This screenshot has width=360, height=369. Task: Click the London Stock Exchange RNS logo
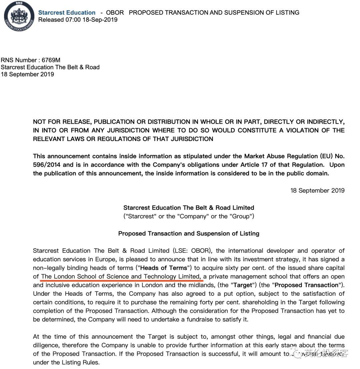[19, 16]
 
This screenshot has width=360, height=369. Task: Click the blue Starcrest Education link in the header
[67, 13]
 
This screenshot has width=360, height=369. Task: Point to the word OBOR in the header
[115, 13]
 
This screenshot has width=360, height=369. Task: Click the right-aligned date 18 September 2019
[317, 191]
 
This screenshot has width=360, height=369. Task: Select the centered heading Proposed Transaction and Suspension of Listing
[189, 234]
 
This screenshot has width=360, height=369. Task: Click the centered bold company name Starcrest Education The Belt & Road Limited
[189, 208]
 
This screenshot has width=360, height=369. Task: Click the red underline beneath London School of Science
[122, 281]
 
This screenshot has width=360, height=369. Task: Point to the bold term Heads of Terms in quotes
[164, 268]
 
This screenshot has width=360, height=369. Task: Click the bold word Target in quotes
[242, 285]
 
